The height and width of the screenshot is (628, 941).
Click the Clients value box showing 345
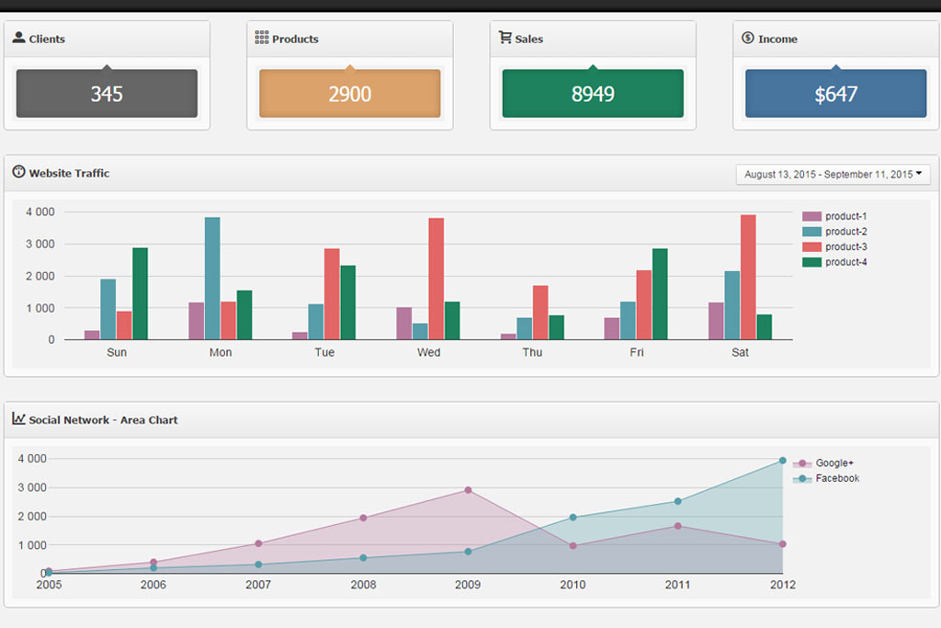click(x=107, y=94)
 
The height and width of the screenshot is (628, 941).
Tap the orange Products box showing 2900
click(x=349, y=94)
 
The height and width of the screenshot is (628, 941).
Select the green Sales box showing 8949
click(x=593, y=94)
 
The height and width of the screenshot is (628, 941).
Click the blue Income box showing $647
click(x=835, y=94)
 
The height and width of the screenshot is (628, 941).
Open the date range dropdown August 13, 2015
click(x=833, y=175)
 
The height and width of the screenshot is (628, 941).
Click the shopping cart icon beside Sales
click(x=505, y=38)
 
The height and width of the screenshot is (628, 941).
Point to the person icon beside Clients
click(x=18, y=38)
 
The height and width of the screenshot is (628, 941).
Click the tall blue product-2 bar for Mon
click(x=212, y=279)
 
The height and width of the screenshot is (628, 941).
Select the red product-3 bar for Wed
click(x=436, y=279)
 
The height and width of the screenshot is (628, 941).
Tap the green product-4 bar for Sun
click(x=140, y=293)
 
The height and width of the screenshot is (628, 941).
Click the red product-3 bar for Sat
click(x=748, y=277)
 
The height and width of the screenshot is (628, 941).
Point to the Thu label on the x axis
click(x=532, y=353)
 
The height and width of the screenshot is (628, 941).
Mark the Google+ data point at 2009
click(x=468, y=490)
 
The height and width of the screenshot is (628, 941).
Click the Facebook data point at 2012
click(x=783, y=461)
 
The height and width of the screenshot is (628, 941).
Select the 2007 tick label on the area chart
click(x=258, y=586)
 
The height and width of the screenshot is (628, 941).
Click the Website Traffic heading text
click(x=69, y=174)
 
